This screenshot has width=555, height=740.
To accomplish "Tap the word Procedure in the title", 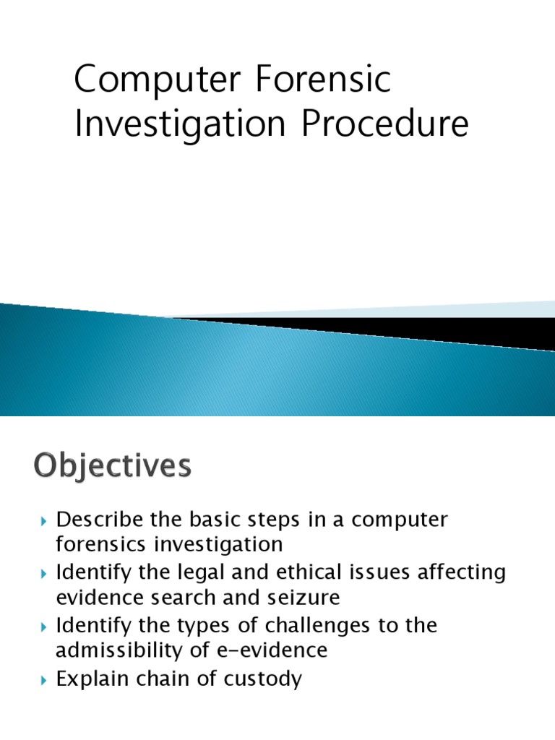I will [x=384, y=124].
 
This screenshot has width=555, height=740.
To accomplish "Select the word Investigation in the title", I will [x=181, y=124].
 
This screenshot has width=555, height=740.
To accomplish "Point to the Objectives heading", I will [x=112, y=466].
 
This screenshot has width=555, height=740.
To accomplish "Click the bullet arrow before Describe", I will [x=44, y=521].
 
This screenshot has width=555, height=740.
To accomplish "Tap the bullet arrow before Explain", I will [x=44, y=680].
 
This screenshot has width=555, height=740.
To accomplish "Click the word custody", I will [x=261, y=679].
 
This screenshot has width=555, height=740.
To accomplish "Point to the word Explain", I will [x=92, y=679].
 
